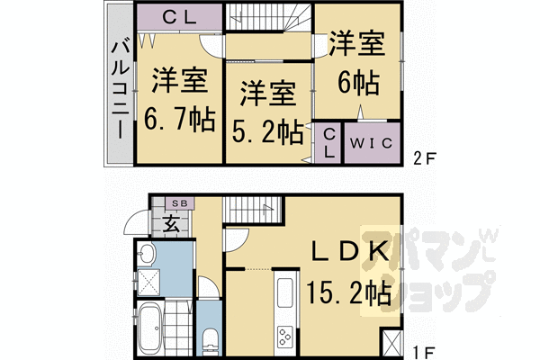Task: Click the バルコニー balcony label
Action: [x=119, y=88]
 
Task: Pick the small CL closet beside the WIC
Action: [x=328, y=142]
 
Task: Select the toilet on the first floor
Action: [x=210, y=341]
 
